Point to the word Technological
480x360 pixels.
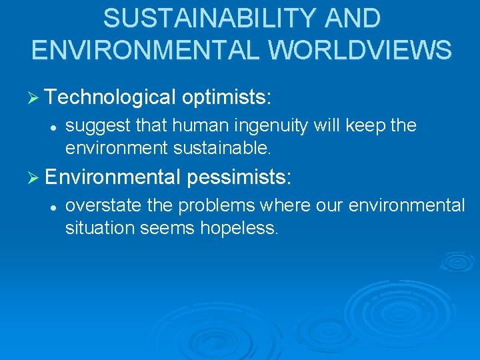pos(111,97)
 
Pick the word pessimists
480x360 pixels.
pos(239,177)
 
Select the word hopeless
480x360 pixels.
pos(243,227)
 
